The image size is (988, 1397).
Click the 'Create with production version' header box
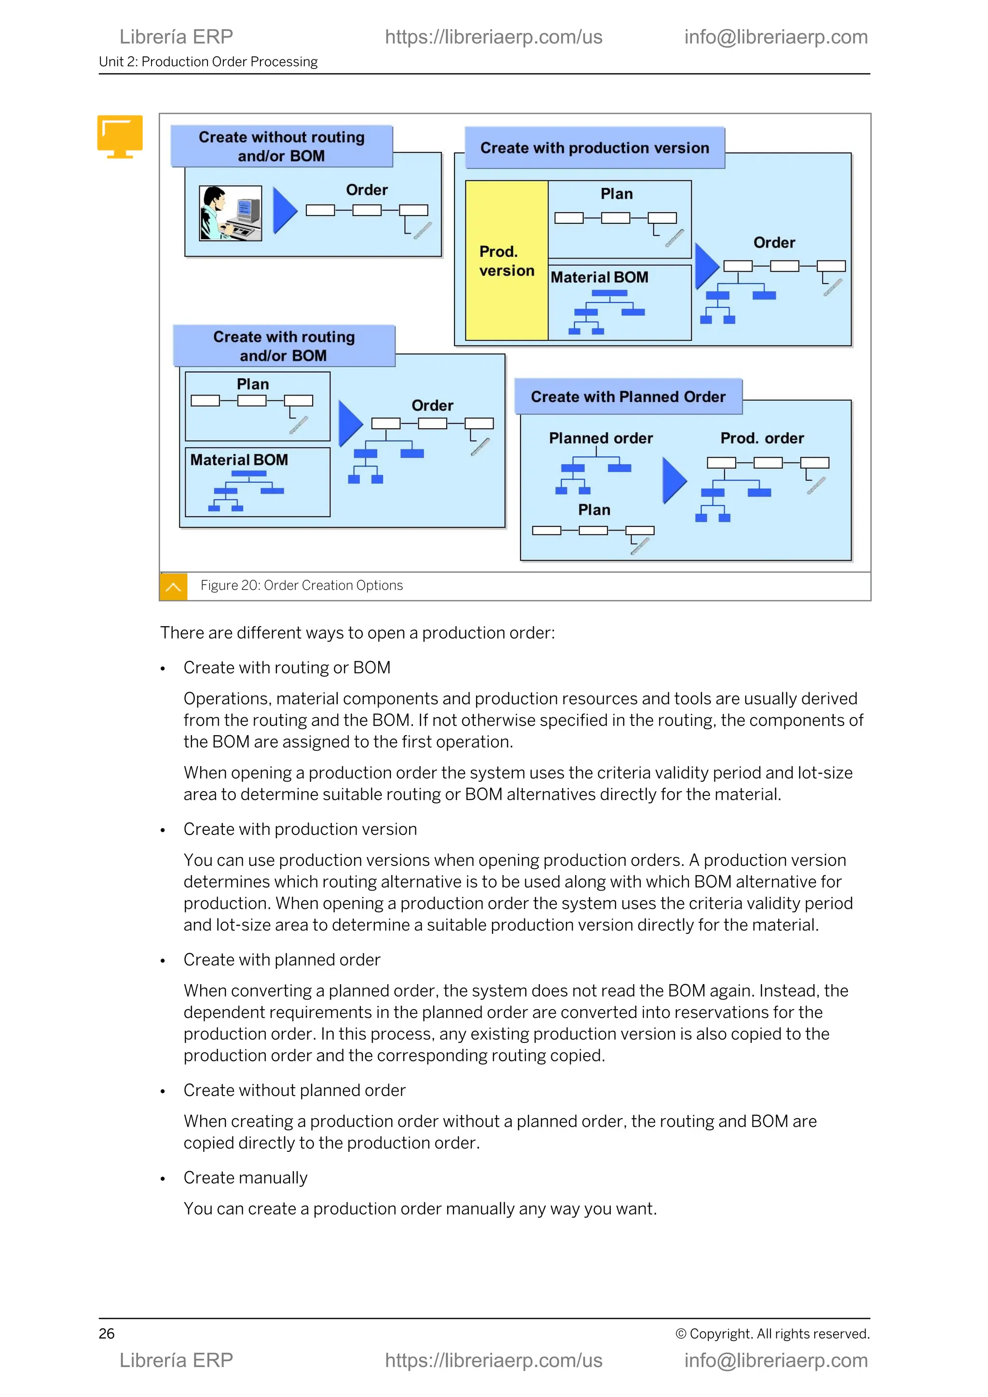point(594,148)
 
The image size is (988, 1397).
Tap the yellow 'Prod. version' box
point(506,260)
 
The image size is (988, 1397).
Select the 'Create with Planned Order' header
point(628,397)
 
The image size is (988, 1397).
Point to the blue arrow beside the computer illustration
point(284,210)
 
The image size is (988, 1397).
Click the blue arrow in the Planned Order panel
point(673,480)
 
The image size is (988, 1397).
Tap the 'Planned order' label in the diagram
point(601,438)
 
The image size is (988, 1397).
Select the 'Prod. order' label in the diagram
point(762,438)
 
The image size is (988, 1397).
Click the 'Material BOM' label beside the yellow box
point(599,277)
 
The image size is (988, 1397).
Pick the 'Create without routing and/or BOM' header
point(282,146)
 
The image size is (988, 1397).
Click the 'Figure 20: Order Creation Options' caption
point(302,585)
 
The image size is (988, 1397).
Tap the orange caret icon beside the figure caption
point(173,587)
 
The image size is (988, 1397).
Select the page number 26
point(107,1334)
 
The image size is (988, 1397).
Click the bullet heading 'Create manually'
point(245,1178)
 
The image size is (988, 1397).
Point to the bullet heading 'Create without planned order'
point(294,1090)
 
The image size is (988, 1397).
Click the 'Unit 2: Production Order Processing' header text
point(208,61)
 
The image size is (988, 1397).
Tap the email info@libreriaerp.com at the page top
point(776,37)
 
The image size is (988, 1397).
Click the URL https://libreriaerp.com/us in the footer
point(494,1360)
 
